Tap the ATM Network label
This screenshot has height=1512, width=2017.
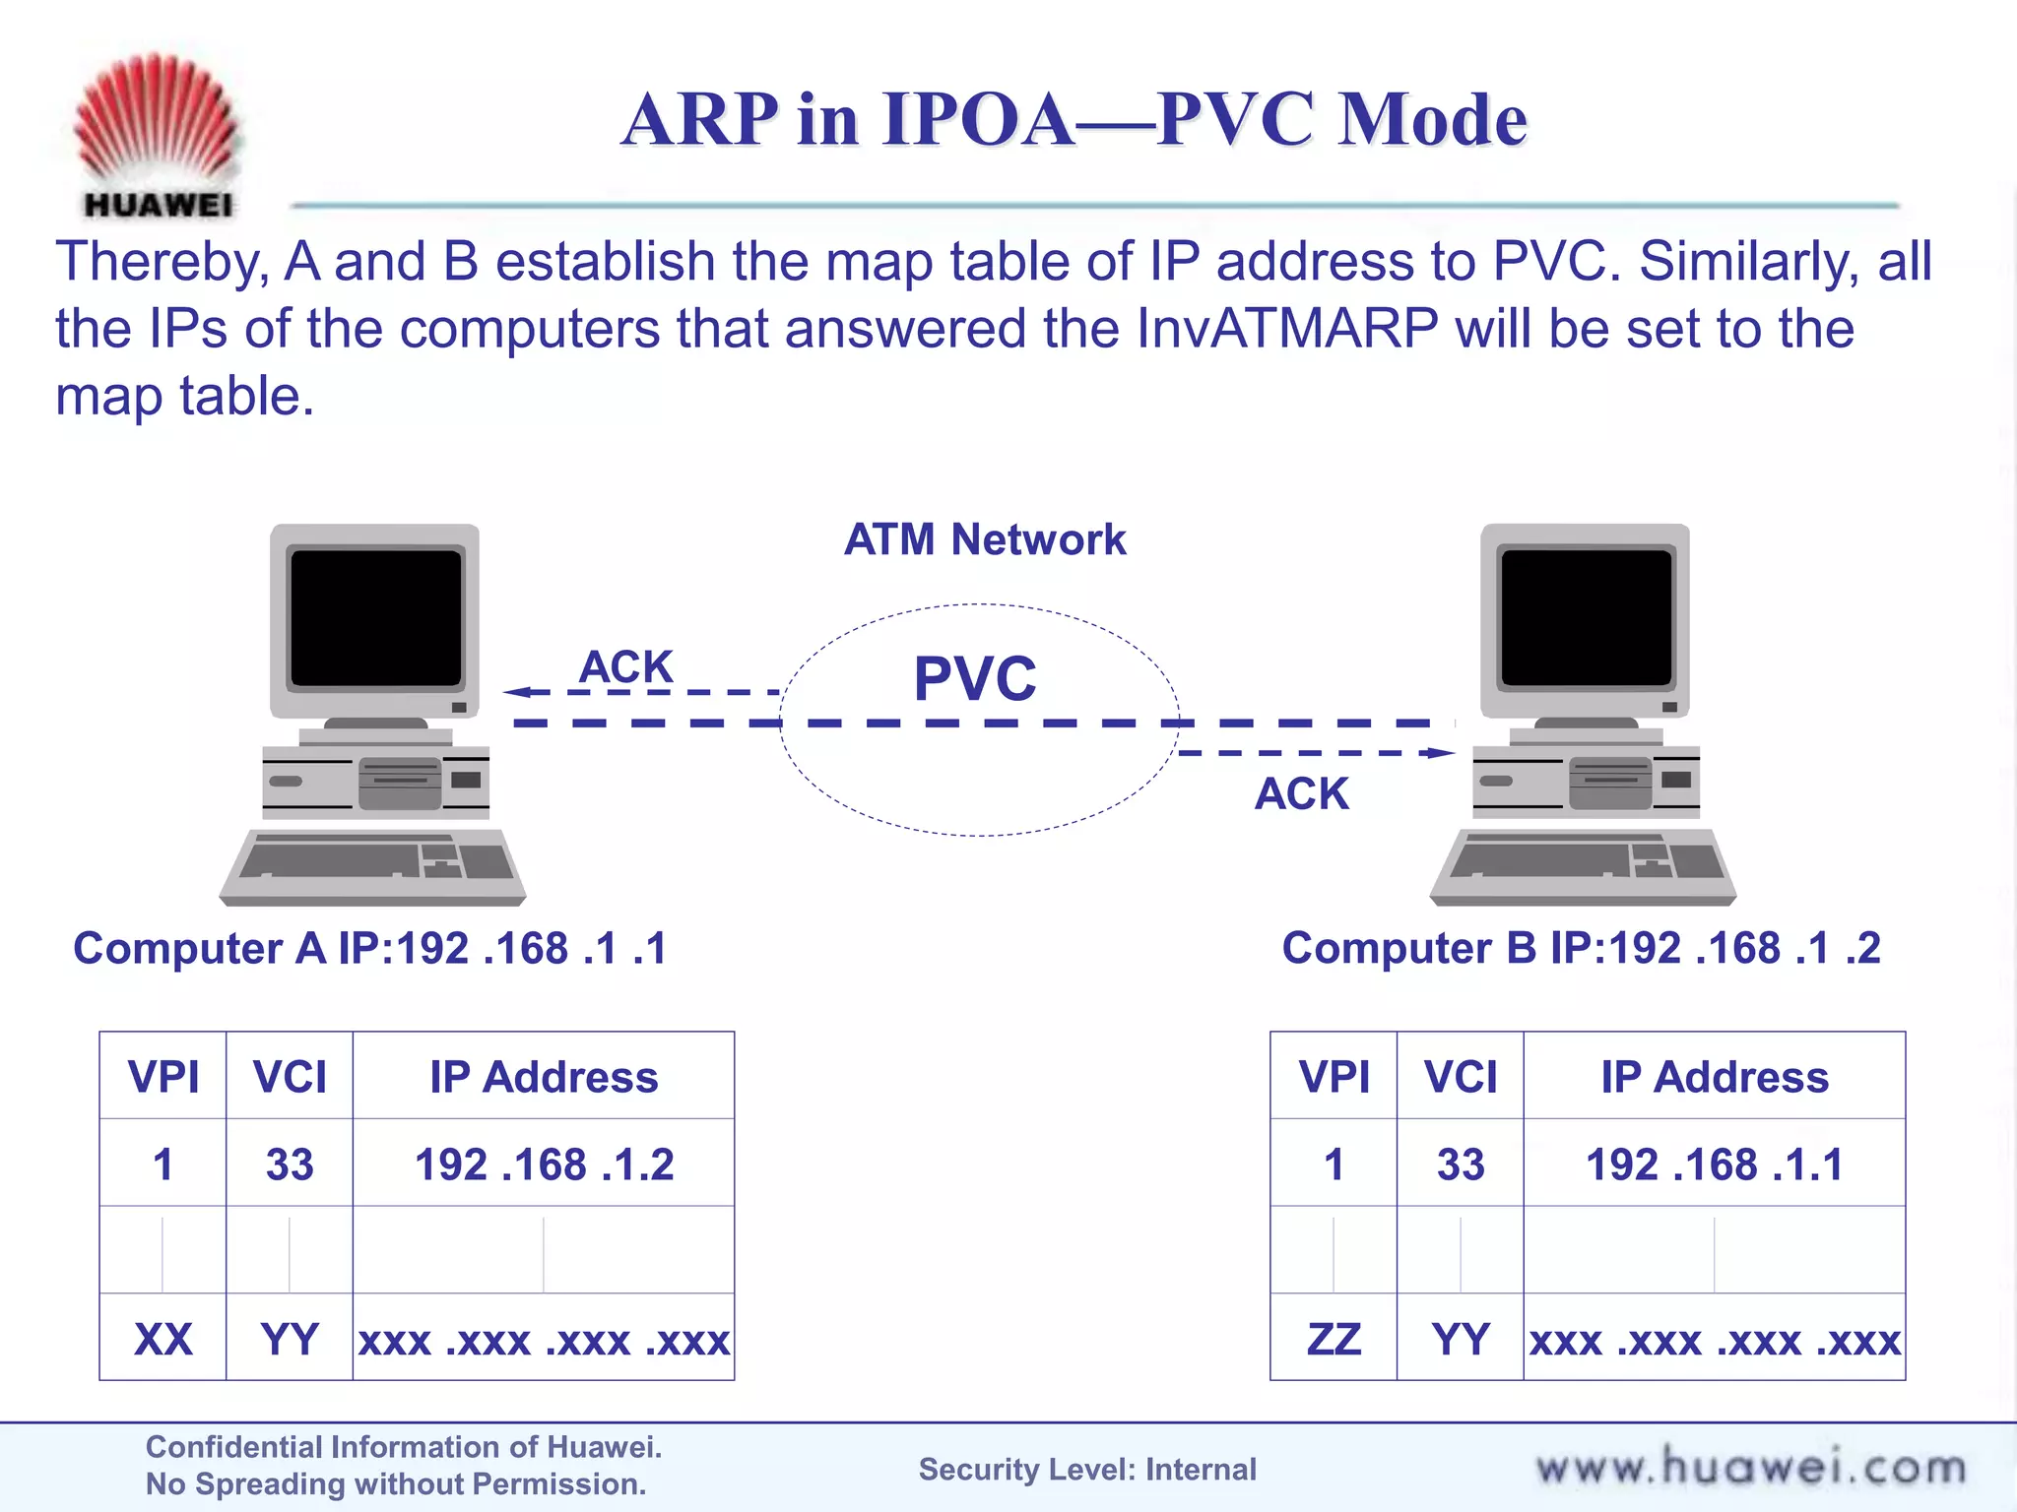(x=984, y=539)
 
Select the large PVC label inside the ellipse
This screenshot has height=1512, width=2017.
(x=975, y=678)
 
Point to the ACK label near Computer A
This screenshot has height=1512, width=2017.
(x=625, y=666)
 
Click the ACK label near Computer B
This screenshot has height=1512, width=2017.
(x=1301, y=793)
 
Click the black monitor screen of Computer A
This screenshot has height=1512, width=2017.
(x=375, y=617)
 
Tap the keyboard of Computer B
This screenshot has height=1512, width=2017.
(x=1583, y=863)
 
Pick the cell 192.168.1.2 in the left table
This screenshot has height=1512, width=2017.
(x=544, y=1165)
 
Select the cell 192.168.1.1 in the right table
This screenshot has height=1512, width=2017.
(x=1714, y=1165)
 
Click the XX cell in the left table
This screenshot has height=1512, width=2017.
(x=163, y=1340)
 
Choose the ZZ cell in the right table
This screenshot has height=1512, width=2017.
(x=1334, y=1340)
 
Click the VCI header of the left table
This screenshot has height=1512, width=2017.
(x=290, y=1077)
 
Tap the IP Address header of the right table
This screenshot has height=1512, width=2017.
(x=1714, y=1077)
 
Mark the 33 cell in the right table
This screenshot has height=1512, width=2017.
(x=1460, y=1165)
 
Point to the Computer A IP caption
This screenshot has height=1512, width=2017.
(x=370, y=949)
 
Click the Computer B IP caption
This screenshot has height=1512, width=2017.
(x=1581, y=949)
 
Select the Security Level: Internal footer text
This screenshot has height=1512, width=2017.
(x=1087, y=1470)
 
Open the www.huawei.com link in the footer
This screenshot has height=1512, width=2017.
(x=1750, y=1468)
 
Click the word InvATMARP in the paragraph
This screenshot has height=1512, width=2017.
(x=1286, y=329)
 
